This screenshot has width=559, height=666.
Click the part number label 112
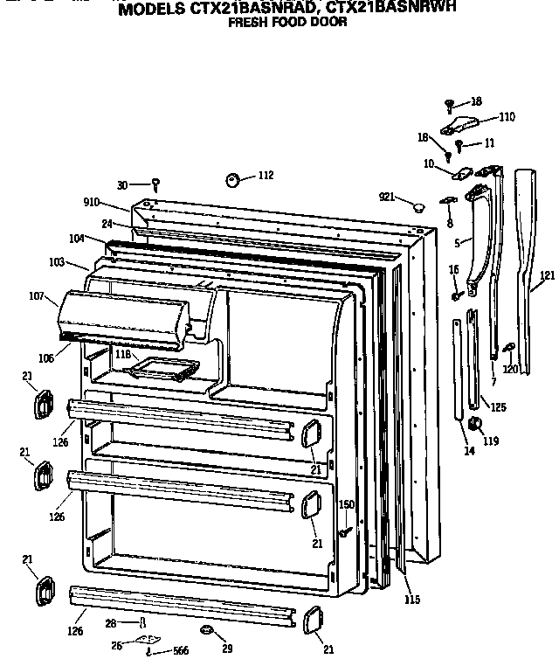(x=265, y=176)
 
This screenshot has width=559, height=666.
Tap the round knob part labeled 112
(x=234, y=179)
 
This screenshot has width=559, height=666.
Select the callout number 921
(x=389, y=196)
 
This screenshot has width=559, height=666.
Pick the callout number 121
(x=547, y=276)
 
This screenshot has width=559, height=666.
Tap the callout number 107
(x=37, y=297)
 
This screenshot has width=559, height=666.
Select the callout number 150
(x=347, y=504)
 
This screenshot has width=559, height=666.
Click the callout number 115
(x=412, y=600)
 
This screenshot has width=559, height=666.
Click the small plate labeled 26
(x=148, y=642)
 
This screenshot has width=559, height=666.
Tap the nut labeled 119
(x=476, y=424)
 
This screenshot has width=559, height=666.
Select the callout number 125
(x=497, y=407)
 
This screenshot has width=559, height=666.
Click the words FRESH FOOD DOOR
(x=287, y=23)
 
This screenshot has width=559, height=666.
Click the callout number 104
(x=77, y=238)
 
